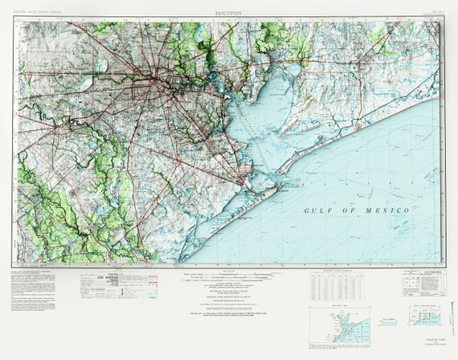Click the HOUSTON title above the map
point(229,14)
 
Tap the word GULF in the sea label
point(319,211)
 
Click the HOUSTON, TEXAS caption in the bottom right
point(422,340)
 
